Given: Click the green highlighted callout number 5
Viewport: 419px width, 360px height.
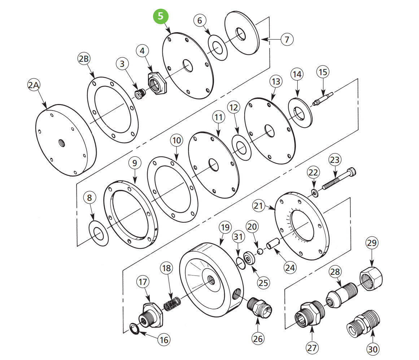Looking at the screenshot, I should [161, 17].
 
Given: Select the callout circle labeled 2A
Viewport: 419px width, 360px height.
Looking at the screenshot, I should [34, 86].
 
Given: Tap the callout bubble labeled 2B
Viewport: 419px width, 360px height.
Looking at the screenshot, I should [84, 59].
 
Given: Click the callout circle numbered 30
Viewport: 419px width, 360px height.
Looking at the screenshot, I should [372, 349].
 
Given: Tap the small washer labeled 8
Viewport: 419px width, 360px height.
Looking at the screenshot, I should [99, 234].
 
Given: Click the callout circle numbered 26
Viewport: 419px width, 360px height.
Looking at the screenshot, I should [258, 338].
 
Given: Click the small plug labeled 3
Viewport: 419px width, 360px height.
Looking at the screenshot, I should [139, 94].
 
